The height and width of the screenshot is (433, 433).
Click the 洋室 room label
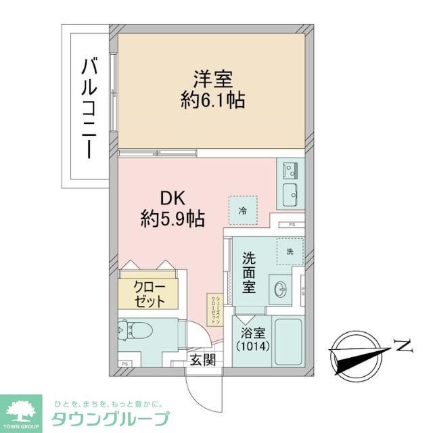pos(212,78)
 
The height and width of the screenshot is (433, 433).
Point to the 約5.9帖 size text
pos(173,219)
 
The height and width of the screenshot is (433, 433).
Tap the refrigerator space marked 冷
pos(242,210)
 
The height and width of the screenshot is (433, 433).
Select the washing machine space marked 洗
pos(289,251)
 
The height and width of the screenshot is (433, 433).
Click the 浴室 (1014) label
pos(252,340)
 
